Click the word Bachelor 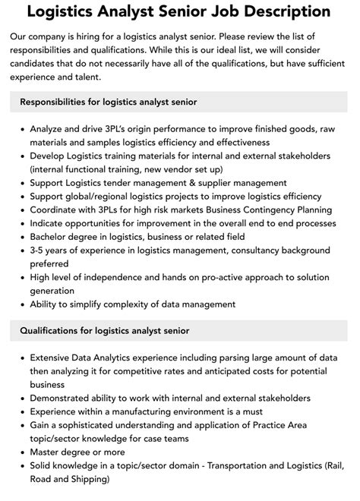point(51,238)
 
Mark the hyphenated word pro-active point(229,279)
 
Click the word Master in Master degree point(47,452)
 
